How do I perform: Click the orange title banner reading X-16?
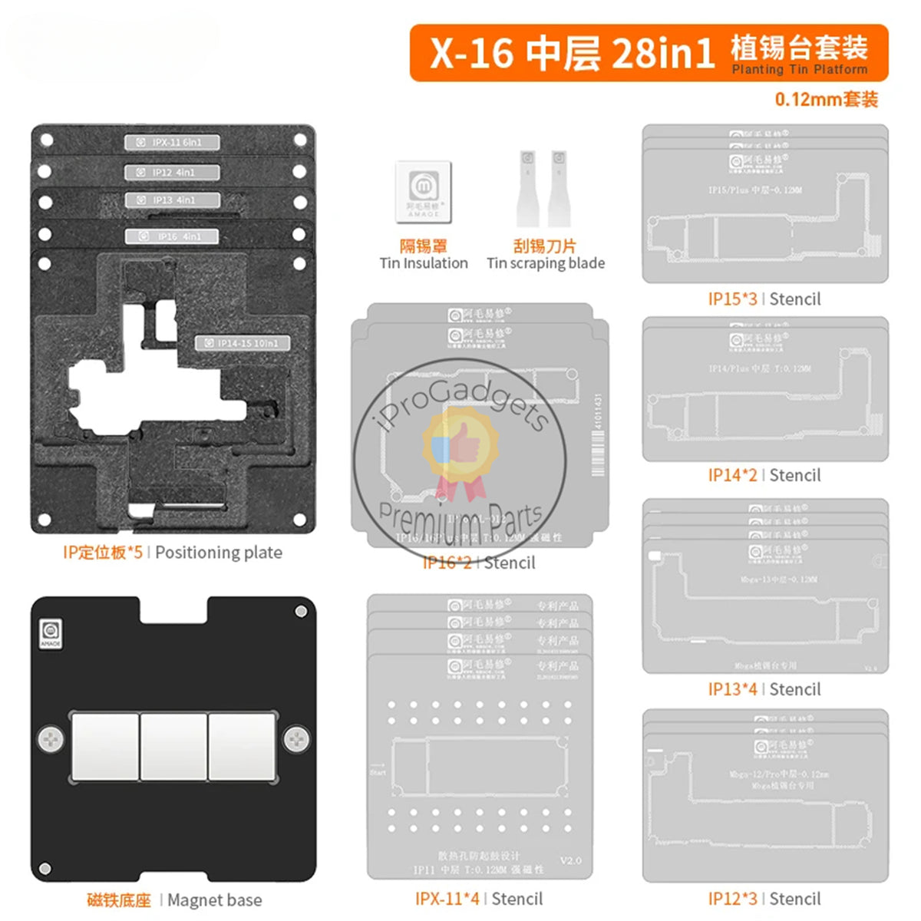[649, 52]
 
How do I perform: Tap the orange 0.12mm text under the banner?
[826, 100]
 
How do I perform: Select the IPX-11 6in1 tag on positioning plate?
[173, 142]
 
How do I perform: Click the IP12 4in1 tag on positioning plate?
[173, 173]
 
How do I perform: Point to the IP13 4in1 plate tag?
[173, 200]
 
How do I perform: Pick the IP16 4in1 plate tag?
[173, 237]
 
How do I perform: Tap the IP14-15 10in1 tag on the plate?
[243, 343]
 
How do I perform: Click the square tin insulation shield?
[423, 190]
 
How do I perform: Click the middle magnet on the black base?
[173, 747]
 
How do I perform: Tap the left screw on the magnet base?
[51, 740]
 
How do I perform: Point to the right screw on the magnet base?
[296, 740]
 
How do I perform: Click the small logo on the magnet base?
[50, 633]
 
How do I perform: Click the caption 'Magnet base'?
[214, 900]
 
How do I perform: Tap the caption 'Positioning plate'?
[219, 553]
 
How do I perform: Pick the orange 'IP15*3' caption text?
[732, 299]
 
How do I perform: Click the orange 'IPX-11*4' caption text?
[447, 899]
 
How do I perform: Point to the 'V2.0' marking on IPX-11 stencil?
[570, 860]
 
